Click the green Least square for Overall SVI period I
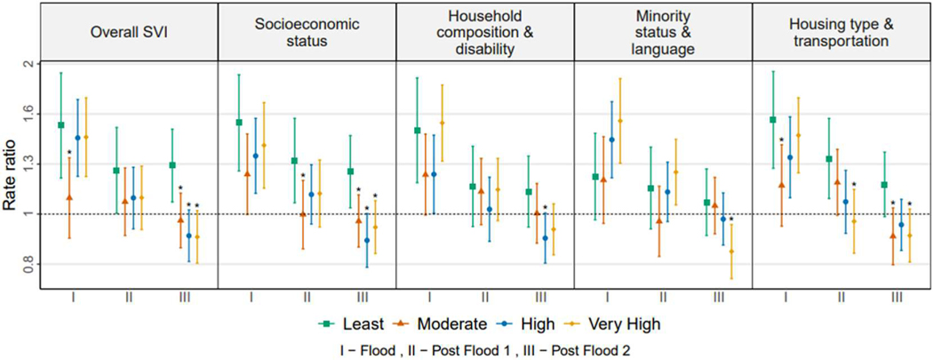click(60, 125)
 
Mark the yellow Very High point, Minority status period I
click(620, 121)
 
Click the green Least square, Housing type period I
click(772, 120)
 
